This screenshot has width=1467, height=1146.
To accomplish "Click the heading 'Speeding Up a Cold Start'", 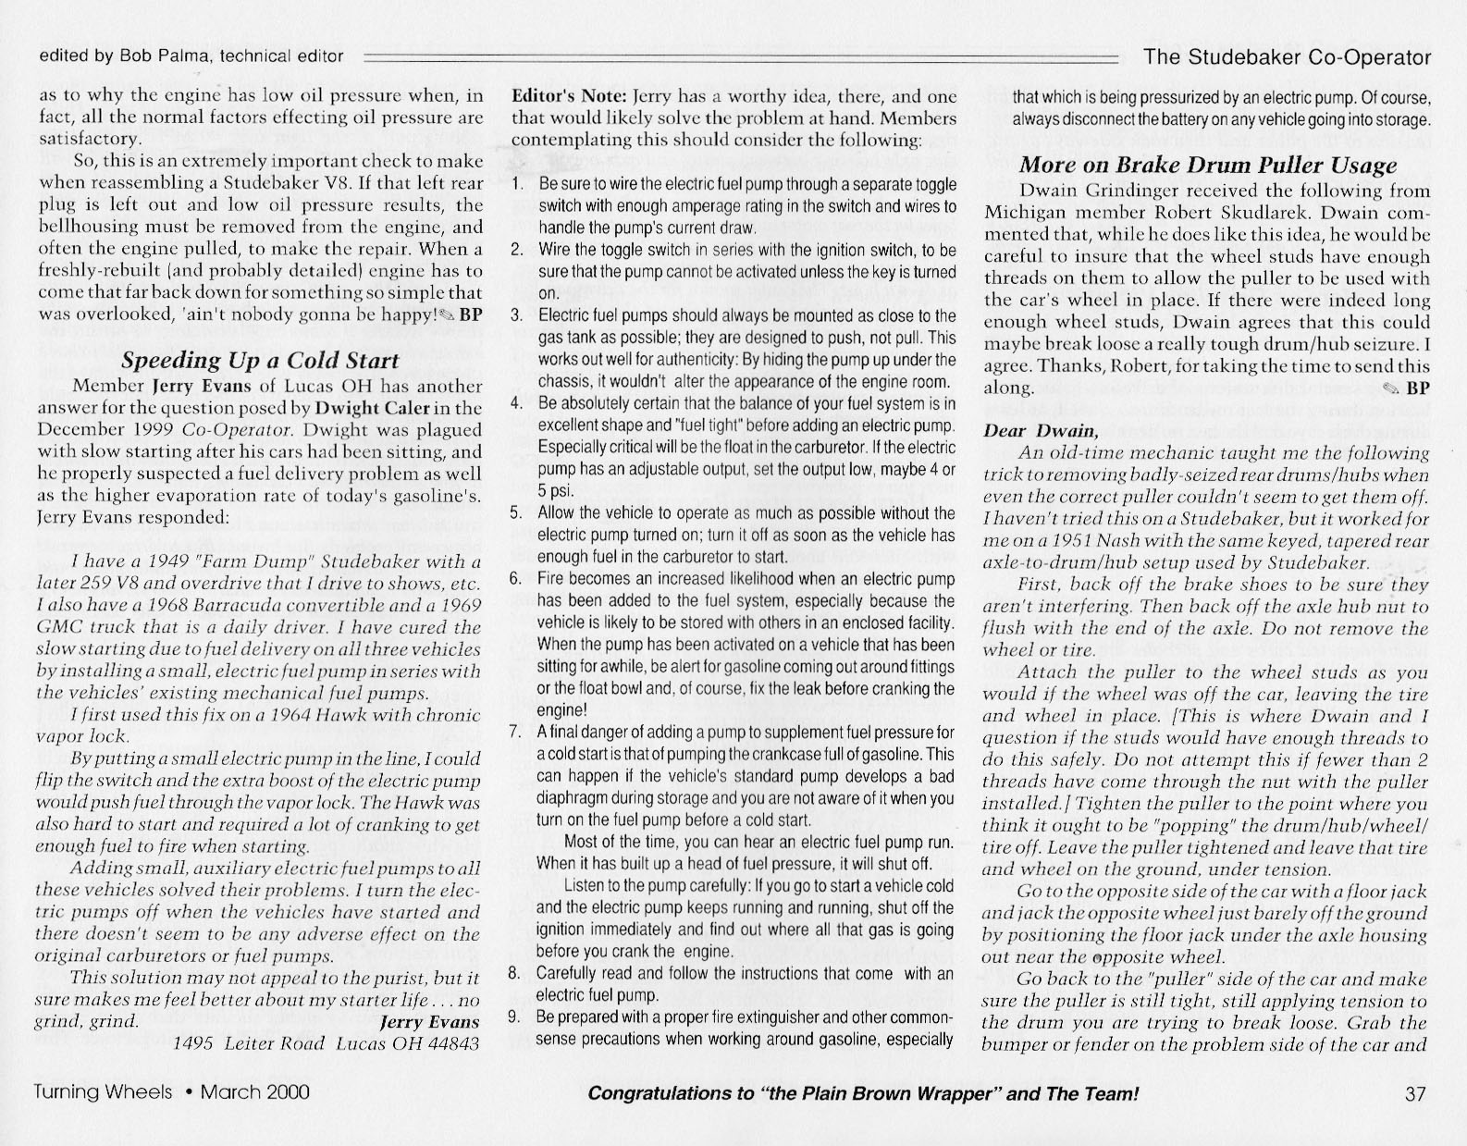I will tap(260, 361).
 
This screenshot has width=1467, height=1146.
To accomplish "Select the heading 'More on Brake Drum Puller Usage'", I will tap(1207, 166).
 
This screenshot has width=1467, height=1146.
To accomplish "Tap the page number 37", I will tap(1415, 1094).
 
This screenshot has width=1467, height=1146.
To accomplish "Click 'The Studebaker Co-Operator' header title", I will tap(1287, 57).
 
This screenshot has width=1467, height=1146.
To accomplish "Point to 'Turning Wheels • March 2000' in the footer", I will tap(171, 1092).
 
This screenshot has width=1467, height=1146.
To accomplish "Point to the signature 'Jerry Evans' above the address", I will tap(429, 1022).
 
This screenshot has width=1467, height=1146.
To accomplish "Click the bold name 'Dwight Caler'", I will tap(373, 408).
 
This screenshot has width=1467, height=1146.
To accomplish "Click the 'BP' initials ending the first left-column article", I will tap(472, 313).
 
